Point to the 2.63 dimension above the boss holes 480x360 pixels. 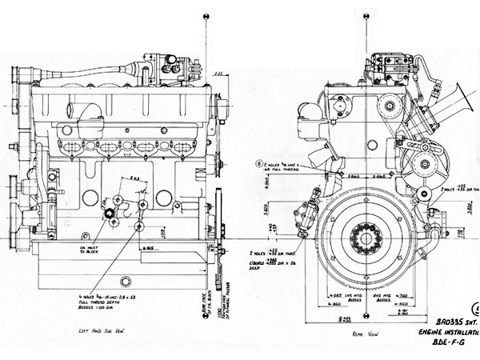tap(133, 178)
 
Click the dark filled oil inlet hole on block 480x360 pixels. tap(106, 215)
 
